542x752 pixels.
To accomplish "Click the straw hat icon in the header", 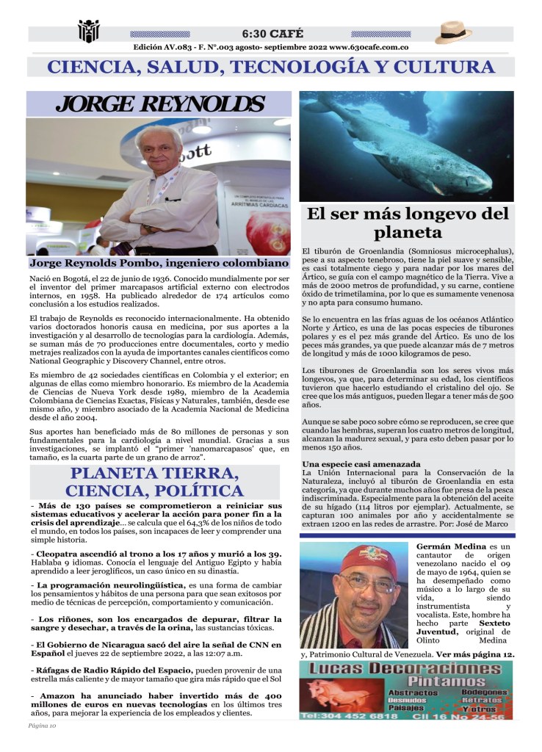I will [453, 33].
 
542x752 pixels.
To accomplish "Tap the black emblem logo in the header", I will [88, 32].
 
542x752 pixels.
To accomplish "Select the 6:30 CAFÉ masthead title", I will [271, 34].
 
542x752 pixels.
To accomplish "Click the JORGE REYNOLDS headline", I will [159, 104].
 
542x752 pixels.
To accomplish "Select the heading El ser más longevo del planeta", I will [408, 223].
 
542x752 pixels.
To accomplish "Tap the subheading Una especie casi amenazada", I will [361, 464].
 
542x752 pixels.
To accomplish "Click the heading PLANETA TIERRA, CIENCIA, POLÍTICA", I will [155, 481].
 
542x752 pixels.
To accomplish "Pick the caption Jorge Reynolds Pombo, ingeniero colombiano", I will [159, 262].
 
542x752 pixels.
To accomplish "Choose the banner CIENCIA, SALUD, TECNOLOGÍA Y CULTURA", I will [271, 68].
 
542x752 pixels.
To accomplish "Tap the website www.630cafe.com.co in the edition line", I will [369, 47].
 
